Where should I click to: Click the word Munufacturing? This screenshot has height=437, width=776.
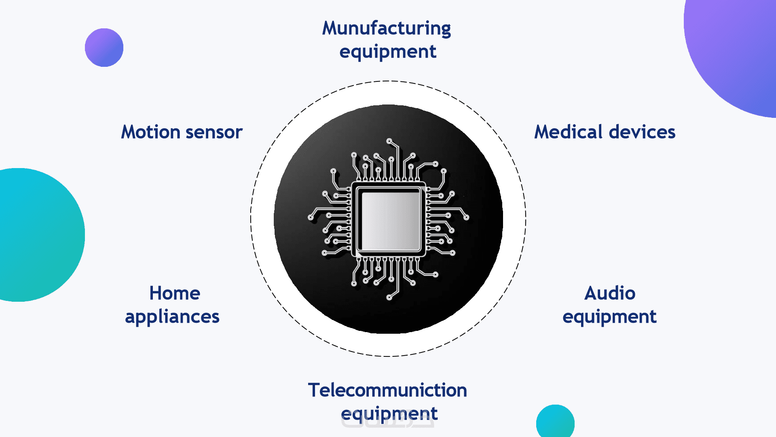click(x=386, y=28)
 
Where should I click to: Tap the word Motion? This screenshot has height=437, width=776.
click(x=150, y=132)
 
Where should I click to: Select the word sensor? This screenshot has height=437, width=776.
click(x=214, y=132)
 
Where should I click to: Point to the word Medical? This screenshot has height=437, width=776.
click(x=568, y=132)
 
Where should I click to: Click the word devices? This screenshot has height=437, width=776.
click(x=642, y=132)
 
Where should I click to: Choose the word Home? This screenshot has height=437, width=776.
click(x=175, y=293)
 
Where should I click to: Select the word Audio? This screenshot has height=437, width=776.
click(x=610, y=293)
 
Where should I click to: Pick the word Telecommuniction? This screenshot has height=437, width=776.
click(x=387, y=390)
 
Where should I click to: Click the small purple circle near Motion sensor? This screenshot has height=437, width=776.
click(x=104, y=47)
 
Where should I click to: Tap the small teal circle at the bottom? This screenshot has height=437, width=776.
click(x=555, y=422)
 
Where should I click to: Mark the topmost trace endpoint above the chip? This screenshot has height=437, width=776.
click(x=389, y=141)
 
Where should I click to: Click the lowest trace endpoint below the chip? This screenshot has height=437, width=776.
click(x=389, y=298)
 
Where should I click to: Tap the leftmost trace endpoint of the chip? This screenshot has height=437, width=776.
click(x=311, y=217)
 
